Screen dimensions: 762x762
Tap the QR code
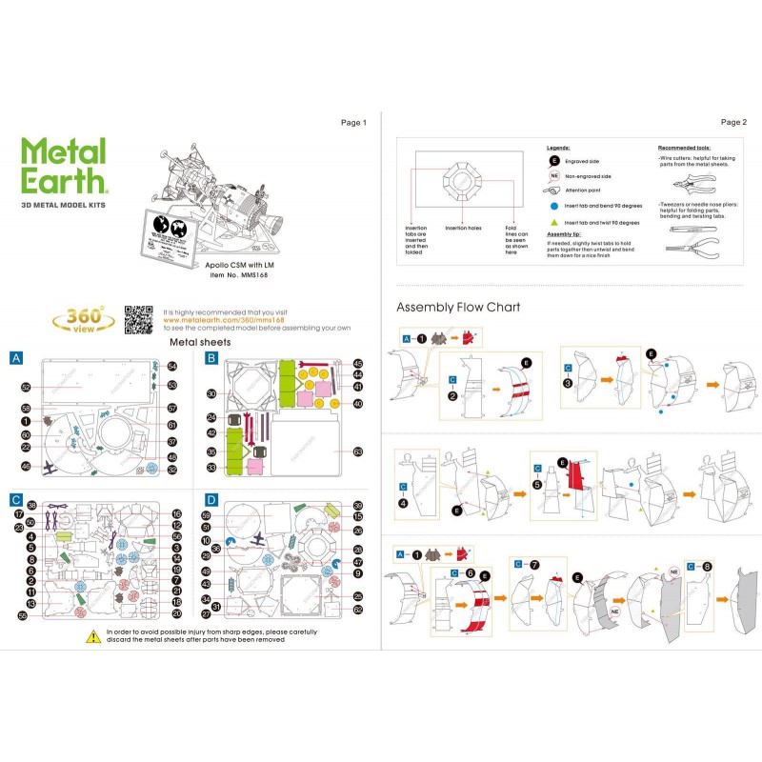pyautogui.click(x=139, y=319)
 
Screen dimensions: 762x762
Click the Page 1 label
pyautogui.click(x=353, y=122)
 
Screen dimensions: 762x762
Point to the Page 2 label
pyautogui.click(x=733, y=122)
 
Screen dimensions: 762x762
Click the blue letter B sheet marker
pyautogui.click(x=212, y=358)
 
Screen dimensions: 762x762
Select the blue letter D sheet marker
pyautogui.click(x=212, y=498)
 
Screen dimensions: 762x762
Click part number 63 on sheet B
pyautogui.click(x=358, y=451)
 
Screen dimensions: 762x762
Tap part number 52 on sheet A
pyautogui.click(x=27, y=388)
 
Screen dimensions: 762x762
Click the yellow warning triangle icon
pyautogui.click(x=92, y=634)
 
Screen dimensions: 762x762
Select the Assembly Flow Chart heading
pyautogui.click(x=458, y=308)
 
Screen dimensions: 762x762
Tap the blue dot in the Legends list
pyautogui.click(x=553, y=205)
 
